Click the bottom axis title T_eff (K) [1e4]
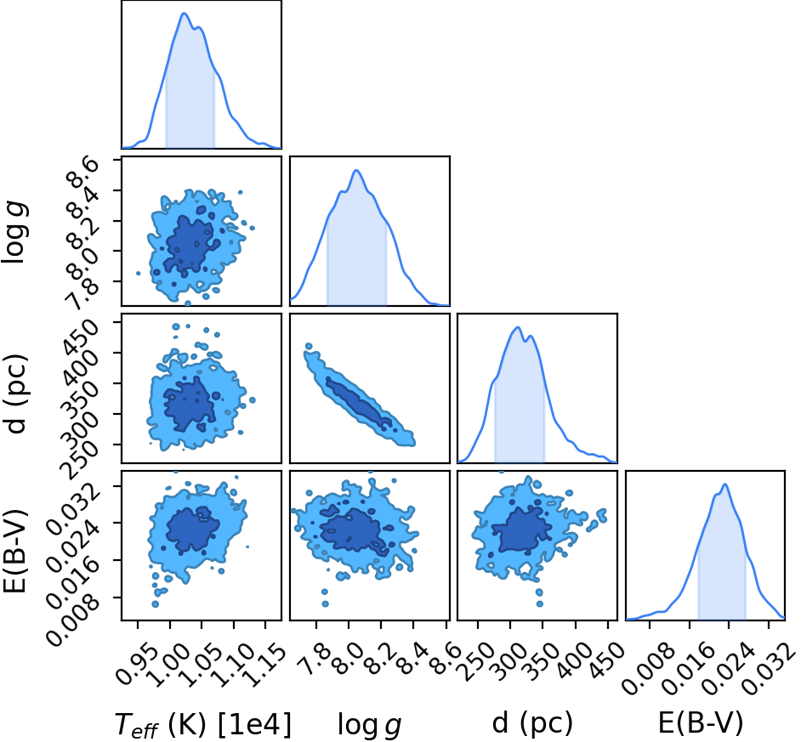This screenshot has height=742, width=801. click(203, 723)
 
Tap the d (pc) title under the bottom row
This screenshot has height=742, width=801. click(532, 723)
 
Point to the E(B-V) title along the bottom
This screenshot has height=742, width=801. click(701, 723)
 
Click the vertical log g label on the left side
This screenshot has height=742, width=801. click(14, 232)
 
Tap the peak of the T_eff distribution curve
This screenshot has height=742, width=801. click(184, 14)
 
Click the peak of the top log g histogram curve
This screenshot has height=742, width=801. click(356, 171)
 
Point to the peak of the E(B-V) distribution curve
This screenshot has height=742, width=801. click(724, 484)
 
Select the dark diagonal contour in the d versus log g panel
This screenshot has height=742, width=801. click(360, 402)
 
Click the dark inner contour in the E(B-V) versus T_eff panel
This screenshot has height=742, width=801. click(191, 530)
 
